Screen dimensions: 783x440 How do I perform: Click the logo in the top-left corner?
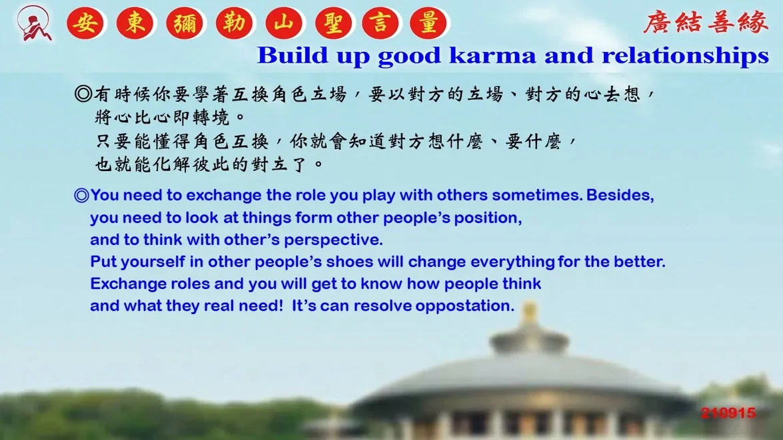tap(33, 23)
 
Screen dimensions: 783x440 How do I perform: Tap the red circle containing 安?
tap(85, 23)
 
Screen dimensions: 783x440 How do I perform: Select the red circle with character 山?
tap(284, 23)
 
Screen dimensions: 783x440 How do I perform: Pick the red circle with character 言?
tap(381, 23)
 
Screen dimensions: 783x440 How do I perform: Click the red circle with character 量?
tap(428, 23)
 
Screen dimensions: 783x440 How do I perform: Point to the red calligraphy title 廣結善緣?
tap(705, 23)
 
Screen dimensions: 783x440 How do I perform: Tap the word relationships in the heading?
tap(685, 56)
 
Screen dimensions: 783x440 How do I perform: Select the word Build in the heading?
tap(293, 55)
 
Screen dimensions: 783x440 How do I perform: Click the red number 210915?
tap(728, 413)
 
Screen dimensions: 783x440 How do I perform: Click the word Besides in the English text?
tap(620, 195)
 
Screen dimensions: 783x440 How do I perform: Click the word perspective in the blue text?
tap(333, 240)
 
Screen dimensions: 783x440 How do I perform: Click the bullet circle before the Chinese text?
tap(83, 94)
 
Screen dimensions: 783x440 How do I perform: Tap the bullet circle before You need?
tap(81, 195)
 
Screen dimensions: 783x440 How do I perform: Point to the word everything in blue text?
tap(512, 262)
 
